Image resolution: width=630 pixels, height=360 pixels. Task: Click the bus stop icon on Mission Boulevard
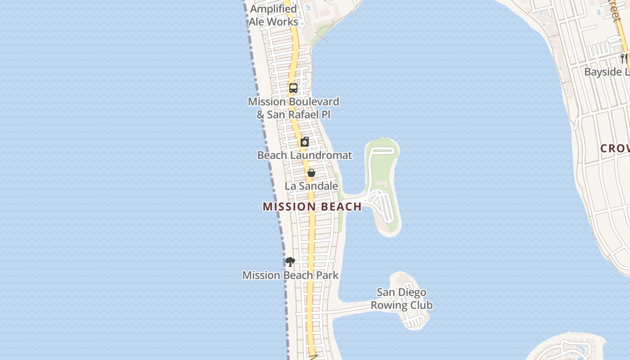point(293,88)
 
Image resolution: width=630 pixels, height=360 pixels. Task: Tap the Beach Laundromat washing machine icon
point(305,142)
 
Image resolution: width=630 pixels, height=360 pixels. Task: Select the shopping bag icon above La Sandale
point(311,173)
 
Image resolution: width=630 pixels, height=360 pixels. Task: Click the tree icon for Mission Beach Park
point(290,261)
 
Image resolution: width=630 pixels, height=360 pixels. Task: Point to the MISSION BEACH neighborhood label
point(312,207)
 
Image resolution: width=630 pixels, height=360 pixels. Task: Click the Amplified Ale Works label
point(274,15)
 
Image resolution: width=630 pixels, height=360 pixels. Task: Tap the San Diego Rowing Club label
point(401,299)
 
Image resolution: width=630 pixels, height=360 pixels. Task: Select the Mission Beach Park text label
point(290,275)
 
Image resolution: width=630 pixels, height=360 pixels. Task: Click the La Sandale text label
point(311,186)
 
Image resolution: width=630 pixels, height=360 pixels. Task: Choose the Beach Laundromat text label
point(305,155)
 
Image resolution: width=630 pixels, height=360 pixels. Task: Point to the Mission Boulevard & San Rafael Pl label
point(293,108)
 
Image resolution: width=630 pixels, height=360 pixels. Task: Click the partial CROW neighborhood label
point(615,148)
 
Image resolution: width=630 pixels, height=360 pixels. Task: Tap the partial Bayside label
point(607,72)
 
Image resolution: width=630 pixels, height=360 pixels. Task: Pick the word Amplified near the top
point(274,9)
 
